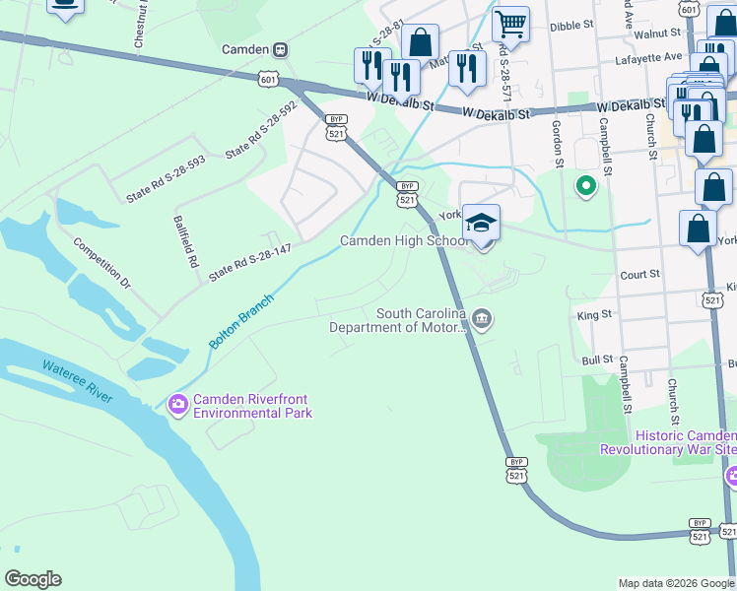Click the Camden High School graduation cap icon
(481, 223)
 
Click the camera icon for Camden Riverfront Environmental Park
(178, 403)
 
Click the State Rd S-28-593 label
(166, 179)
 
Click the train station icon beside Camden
(281, 49)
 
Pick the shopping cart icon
(510, 23)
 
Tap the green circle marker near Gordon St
(586, 184)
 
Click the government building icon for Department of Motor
(481, 318)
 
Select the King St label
(595, 314)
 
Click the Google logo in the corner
(33, 579)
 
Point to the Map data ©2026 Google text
(675, 583)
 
